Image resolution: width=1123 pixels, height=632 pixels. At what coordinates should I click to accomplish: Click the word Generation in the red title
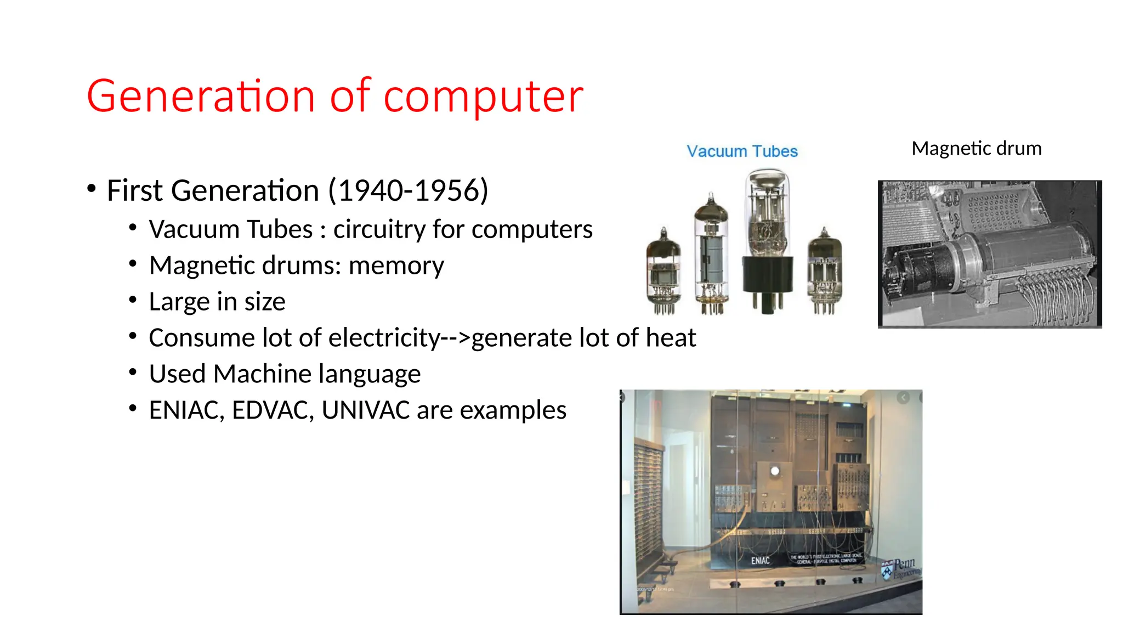200,97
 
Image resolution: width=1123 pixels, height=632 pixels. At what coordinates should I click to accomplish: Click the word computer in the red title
483,97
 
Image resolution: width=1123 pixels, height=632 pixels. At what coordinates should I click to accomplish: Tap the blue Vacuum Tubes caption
742,151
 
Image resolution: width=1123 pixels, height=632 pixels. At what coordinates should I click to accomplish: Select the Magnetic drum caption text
976,148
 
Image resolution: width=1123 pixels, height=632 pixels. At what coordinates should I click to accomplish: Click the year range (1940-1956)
408,191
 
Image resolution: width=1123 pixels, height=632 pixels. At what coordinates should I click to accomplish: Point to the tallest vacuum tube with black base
768,241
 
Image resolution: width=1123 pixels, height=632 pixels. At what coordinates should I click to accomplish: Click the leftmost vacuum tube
663,272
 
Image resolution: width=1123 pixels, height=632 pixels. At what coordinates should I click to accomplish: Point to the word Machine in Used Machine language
262,374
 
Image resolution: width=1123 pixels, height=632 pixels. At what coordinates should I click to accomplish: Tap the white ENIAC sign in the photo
760,561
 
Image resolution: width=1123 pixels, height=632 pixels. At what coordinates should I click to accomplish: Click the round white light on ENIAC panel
775,471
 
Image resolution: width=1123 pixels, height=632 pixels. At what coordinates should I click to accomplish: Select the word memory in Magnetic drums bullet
396,266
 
